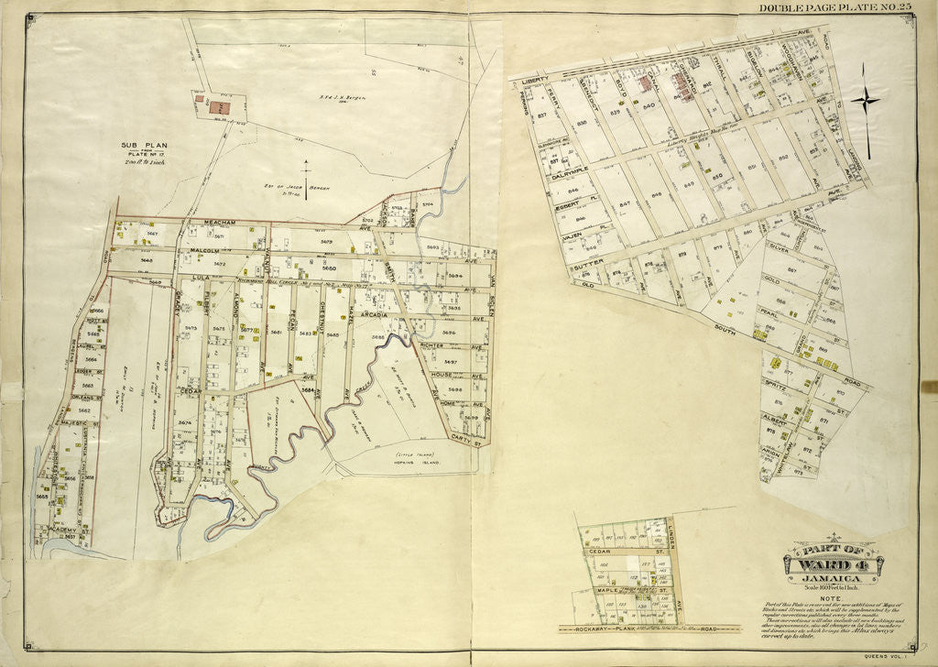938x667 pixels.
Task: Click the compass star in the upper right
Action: [x=865, y=101]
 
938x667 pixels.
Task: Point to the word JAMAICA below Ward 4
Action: [x=830, y=579]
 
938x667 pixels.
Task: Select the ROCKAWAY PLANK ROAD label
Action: [x=650, y=629]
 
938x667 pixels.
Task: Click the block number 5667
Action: [x=153, y=234]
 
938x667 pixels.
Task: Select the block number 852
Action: [x=783, y=157]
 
